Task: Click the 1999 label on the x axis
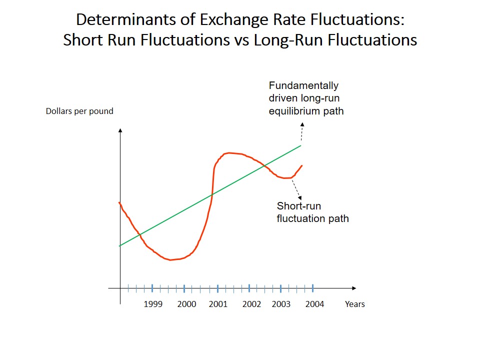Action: (x=153, y=304)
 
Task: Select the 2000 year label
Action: (x=186, y=304)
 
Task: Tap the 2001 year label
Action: (x=218, y=304)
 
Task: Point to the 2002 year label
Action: (x=251, y=304)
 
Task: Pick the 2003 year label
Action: (x=281, y=304)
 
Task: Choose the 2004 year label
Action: (x=314, y=304)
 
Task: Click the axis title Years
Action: (x=354, y=304)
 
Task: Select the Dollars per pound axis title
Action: (x=79, y=111)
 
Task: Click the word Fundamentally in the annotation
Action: (x=303, y=85)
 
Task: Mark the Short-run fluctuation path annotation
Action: (x=312, y=212)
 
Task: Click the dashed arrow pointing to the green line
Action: (x=302, y=132)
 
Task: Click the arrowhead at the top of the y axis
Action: (x=120, y=131)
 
